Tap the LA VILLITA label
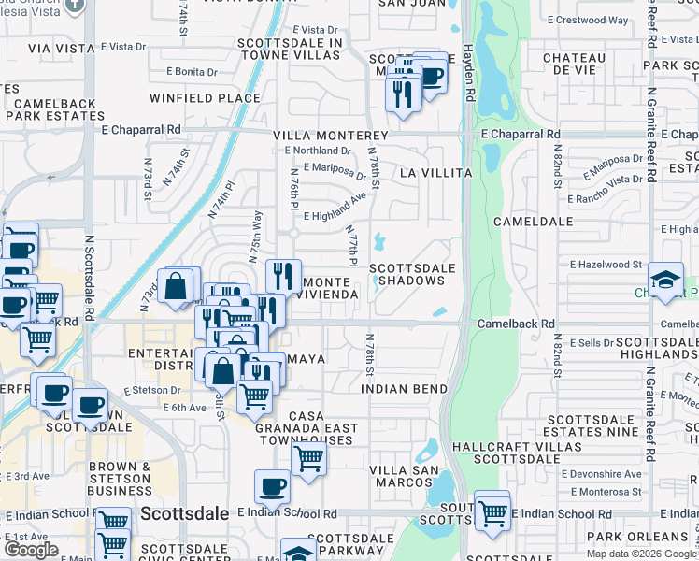coord(435,173)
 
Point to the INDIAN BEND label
coord(404,388)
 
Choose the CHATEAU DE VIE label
coord(574,65)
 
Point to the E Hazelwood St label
coord(605,265)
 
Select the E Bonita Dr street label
coord(192,71)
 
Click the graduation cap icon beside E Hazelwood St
coord(665,280)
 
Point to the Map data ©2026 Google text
coord(642,554)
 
